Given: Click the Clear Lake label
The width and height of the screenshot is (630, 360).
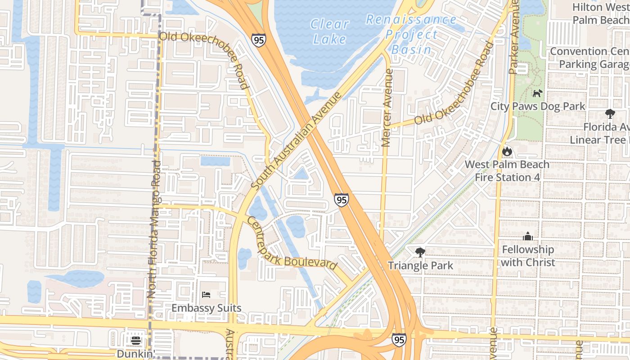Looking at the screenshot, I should tap(330, 31).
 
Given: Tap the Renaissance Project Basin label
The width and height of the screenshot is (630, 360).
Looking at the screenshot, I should tap(411, 35).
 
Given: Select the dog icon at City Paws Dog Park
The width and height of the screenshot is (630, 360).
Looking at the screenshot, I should tap(537, 93).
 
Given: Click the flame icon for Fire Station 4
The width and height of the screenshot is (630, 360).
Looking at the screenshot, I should tap(507, 151).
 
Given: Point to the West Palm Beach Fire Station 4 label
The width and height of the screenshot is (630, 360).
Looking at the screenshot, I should tap(507, 171).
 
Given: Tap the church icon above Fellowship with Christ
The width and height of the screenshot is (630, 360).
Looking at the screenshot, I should tap(528, 236).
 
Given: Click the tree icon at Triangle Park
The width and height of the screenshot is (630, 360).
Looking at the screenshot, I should tap(420, 252).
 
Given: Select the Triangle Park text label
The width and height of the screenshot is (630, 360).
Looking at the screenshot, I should tap(420, 265).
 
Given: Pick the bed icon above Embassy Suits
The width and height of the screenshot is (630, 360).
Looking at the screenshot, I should tap(206, 295).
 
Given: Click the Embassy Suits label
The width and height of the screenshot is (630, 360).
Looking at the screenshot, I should tap(207, 308).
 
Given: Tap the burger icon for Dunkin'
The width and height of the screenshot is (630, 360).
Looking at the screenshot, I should tap(136, 341).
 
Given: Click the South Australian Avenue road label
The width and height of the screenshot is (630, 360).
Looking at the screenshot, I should tap(297, 141).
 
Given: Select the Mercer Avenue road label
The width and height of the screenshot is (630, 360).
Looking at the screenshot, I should tap(387, 108).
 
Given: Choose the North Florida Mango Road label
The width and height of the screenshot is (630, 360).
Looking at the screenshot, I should tap(154, 229).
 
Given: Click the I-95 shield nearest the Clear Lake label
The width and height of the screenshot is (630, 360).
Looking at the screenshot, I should tap(259, 40).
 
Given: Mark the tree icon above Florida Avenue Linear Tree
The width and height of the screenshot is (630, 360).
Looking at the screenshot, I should tap(610, 114).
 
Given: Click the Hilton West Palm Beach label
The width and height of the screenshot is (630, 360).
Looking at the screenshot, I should tap(601, 13).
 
